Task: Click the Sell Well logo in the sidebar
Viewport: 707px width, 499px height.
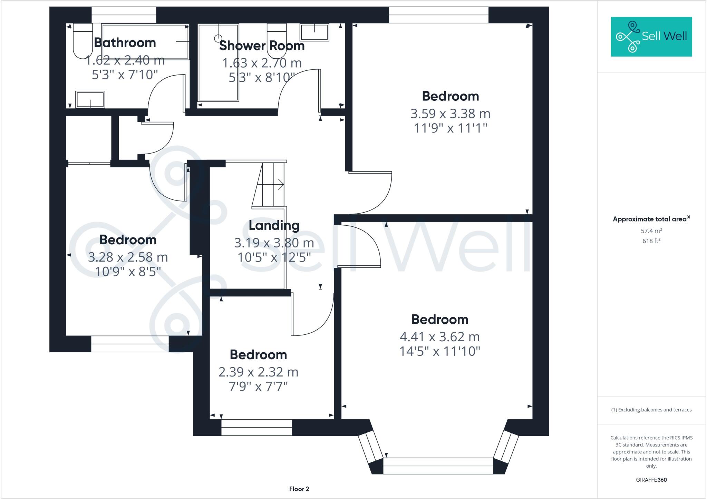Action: coord(651,37)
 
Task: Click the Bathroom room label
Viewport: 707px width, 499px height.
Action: coord(125,43)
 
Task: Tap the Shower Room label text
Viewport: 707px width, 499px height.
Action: coord(262,46)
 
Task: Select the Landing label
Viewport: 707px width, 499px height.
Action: coord(274,225)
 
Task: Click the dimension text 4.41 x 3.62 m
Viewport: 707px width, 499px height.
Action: coord(439,336)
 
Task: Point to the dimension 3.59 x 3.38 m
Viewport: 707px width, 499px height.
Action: coord(450,114)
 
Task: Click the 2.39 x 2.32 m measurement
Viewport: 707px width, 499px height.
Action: coord(258,372)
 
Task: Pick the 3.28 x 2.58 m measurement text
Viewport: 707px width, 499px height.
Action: coord(128,257)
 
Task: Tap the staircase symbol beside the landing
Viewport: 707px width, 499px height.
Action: coord(269,185)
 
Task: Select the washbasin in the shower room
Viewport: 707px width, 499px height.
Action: coord(314,32)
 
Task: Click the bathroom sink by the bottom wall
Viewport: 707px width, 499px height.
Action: coord(90,100)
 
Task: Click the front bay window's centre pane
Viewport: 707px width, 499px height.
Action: coord(438,466)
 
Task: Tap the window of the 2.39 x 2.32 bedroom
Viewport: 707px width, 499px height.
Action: coord(256,427)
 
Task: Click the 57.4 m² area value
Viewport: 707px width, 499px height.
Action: coord(651,231)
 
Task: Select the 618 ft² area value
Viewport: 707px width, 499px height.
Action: coord(651,241)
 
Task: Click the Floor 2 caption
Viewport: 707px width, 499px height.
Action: coord(299,489)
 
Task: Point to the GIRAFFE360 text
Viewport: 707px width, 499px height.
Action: coord(651,480)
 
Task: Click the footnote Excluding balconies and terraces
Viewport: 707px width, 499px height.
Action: coord(651,410)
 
